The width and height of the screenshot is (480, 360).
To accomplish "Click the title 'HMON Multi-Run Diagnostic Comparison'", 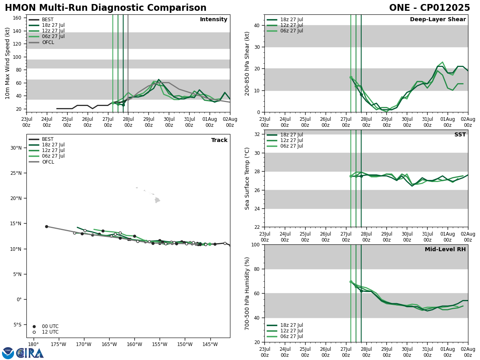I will pos(106,8).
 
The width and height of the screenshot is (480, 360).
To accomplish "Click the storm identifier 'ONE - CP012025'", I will pos(429,8).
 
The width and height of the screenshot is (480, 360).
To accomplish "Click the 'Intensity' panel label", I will pos(214,20).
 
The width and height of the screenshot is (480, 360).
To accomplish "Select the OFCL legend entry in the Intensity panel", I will pos(48,42).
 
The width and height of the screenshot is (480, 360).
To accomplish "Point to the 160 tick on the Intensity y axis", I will pos(18,18).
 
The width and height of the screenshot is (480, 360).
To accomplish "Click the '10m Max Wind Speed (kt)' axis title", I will pos(8,63).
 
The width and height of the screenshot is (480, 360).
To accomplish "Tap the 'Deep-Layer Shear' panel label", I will pos(438,20).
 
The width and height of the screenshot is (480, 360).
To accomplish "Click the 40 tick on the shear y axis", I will pos(256,25).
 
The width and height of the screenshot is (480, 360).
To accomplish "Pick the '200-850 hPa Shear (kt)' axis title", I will pos(248,63).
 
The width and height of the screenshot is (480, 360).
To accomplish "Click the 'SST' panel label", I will pos(460,135).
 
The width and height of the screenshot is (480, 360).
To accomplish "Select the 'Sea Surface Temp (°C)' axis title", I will pos(248,178).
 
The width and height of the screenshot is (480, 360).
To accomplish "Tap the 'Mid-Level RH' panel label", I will pos(445,250).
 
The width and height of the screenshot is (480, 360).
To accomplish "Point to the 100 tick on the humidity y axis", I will pos(254,244).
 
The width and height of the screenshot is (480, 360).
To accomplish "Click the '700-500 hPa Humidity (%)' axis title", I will pos(248,293).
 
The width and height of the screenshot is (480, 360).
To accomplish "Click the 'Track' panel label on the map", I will pos(219,140).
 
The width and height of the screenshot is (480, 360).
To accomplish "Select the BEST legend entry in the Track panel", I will pos(48,139).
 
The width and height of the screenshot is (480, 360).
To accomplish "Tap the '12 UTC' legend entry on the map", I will pos(50,332).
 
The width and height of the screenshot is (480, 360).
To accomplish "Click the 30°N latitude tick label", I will pos(16,148).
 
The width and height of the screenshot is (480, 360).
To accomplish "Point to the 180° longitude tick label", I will pos(33,345).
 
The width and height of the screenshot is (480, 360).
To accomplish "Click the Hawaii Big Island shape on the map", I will pos(157,200).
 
